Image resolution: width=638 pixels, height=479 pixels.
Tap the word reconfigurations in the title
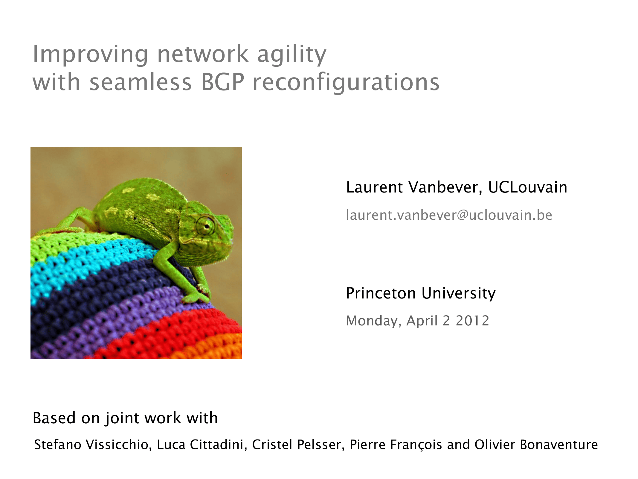(346, 82)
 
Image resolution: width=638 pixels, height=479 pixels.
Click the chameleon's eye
(206, 225)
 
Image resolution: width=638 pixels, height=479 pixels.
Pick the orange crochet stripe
(212, 347)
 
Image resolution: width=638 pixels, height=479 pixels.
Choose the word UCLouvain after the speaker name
(528, 187)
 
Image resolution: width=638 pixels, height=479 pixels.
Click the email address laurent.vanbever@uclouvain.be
(449, 215)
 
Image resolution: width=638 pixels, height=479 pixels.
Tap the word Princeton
(381, 293)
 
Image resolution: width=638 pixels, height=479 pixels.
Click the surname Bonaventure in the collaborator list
(559, 445)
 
